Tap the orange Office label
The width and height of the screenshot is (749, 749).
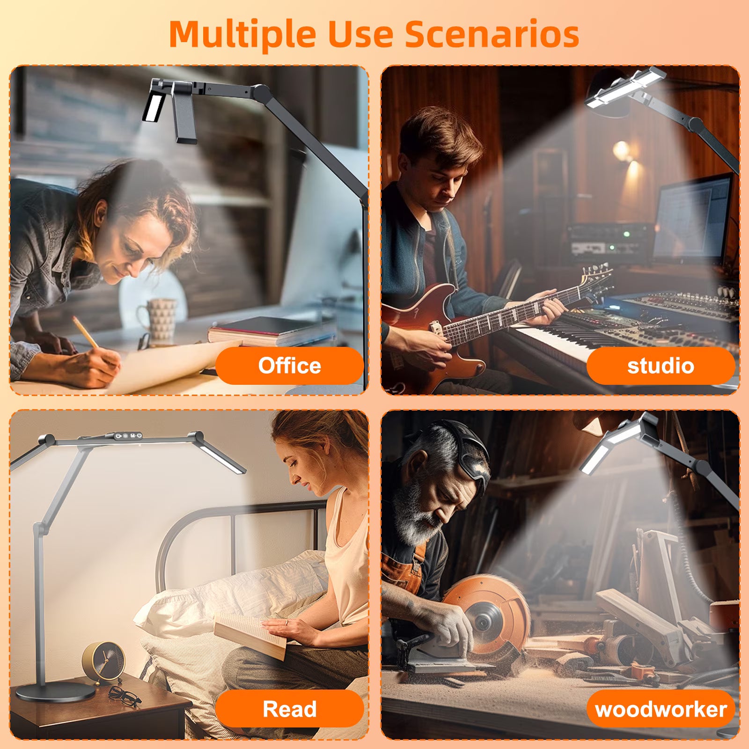pyautogui.click(x=289, y=366)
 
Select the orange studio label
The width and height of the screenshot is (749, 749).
pyautogui.click(x=661, y=366)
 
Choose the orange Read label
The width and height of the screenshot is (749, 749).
pyautogui.click(x=289, y=709)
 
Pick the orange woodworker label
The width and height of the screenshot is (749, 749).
pyautogui.click(x=661, y=709)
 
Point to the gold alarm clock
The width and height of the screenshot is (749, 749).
pyautogui.click(x=103, y=664)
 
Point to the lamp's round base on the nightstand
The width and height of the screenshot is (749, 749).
pyautogui.click(x=49, y=692)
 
